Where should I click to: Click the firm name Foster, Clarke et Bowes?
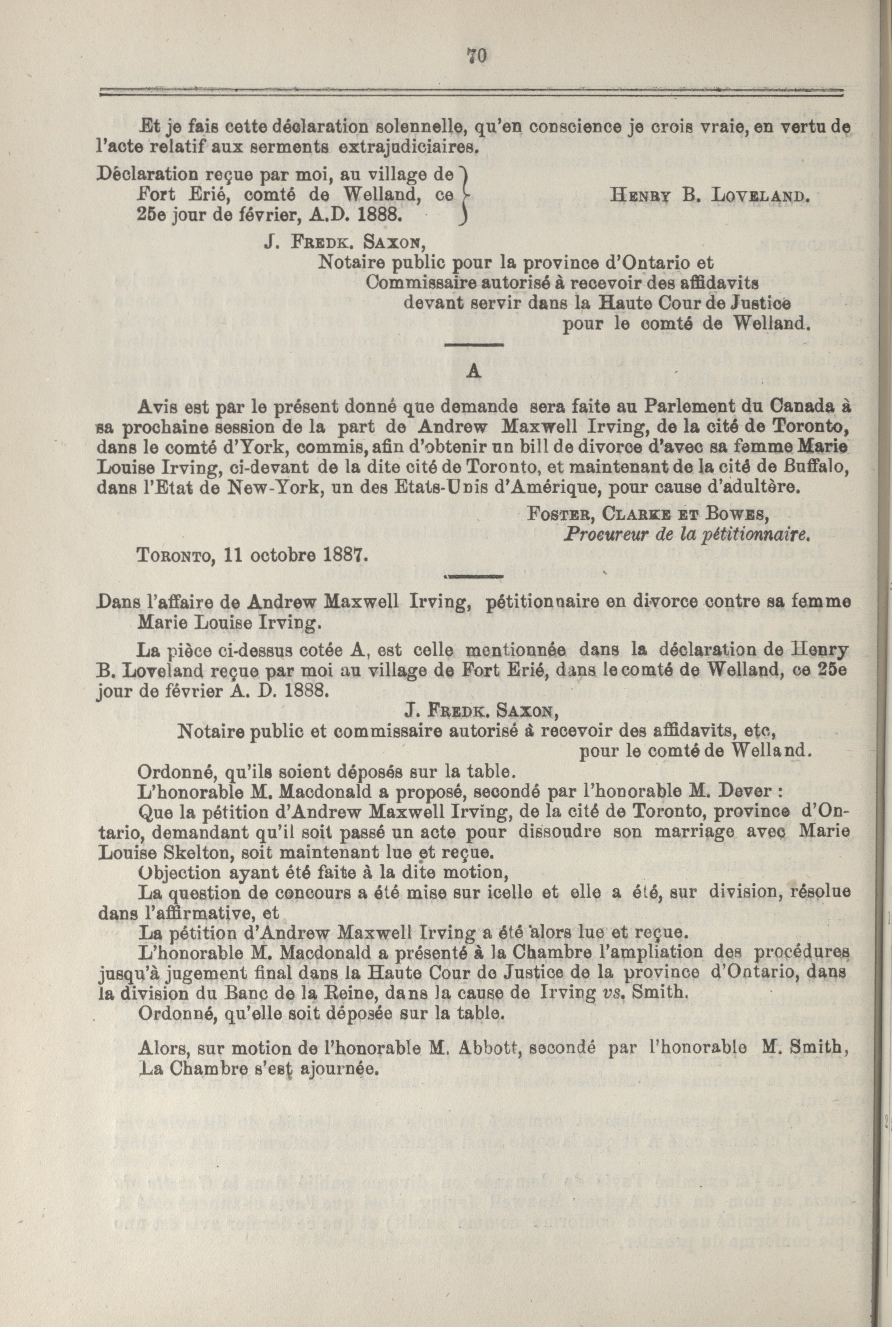[x=648, y=515]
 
